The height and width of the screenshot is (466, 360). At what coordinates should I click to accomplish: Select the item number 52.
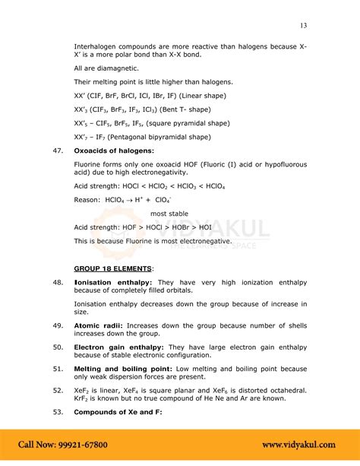[56, 390]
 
